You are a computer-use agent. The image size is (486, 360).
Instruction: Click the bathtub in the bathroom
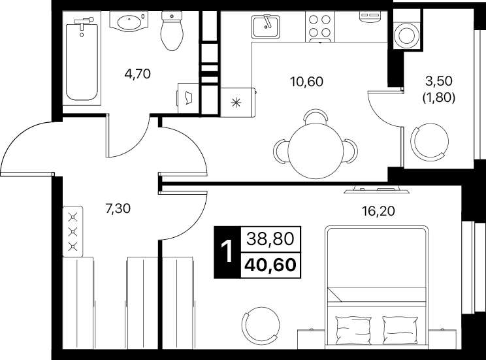click(x=82, y=59)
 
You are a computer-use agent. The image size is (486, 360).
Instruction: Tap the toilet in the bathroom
click(x=171, y=31)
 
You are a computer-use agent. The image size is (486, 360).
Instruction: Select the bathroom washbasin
click(x=129, y=22)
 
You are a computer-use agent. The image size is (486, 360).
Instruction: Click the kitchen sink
click(x=265, y=27)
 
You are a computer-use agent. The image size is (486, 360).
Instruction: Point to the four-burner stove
click(x=320, y=27)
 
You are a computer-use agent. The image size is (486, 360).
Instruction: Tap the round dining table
click(x=316, y=152)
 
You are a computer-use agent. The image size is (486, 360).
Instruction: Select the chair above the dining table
click(x=316, y=117)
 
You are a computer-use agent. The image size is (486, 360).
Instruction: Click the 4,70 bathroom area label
click(x=137, y=74)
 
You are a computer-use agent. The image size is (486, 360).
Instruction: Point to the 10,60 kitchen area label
click(x=306, y=82)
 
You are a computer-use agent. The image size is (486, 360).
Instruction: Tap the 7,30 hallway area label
click(x=118, y=209)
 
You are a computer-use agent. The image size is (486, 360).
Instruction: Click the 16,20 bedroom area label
click(x=378, y=211)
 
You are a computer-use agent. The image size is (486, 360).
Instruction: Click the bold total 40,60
click(x=270, y=265)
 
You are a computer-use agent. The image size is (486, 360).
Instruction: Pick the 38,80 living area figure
click(x=270, y=239)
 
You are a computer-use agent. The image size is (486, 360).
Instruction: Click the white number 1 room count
click(x=227, y=252)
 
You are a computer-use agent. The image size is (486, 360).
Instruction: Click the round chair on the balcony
click(x=430, y=142)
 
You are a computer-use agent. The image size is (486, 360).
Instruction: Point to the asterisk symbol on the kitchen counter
click(x=236, y=103)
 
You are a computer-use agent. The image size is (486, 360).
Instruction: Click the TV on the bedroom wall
click(x=376, y=189)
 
